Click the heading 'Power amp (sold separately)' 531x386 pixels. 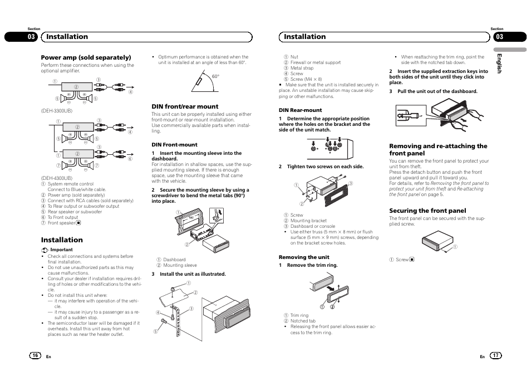click(86, 57)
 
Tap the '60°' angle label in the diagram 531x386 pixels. click(215, 76)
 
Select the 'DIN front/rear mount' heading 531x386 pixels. click(185, 106)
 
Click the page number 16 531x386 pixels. click(35, 355)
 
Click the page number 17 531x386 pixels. click(495, 355)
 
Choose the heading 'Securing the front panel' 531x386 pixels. click(427, 211)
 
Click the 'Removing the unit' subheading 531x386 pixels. click(304, 257)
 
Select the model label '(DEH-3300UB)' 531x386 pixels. click(56, 111)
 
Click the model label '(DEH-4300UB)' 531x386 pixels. click(56, 178)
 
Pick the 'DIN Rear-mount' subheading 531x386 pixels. click(300, 110)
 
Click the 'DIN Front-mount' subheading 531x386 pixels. click(174, 145)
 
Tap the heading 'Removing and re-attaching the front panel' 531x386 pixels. click(437, 149)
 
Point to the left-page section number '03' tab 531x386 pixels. click(31, 37)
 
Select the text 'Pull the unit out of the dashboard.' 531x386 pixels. click(437, 91)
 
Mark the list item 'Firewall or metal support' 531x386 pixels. click(316, 62)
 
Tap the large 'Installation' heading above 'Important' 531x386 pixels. click(62, 240)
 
